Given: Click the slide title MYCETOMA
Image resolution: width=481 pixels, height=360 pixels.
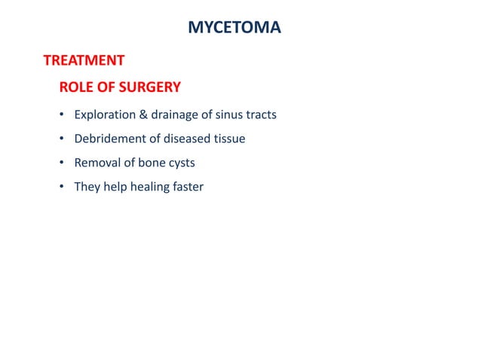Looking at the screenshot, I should [x=234, y=29].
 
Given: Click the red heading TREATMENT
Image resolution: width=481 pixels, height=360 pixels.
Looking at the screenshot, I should [x=84, y=59].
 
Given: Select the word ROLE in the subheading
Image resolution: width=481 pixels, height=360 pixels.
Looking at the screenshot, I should [x=77, y=87].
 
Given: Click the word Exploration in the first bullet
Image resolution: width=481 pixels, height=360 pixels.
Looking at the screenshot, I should [x=104, y=115].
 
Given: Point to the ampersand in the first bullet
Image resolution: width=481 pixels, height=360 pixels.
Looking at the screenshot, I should [x=142, y=115].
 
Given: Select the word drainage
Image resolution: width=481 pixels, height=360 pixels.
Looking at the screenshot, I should [x=174, y=115].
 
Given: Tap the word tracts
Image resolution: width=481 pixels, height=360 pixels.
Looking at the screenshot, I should [x=261, y=115].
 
